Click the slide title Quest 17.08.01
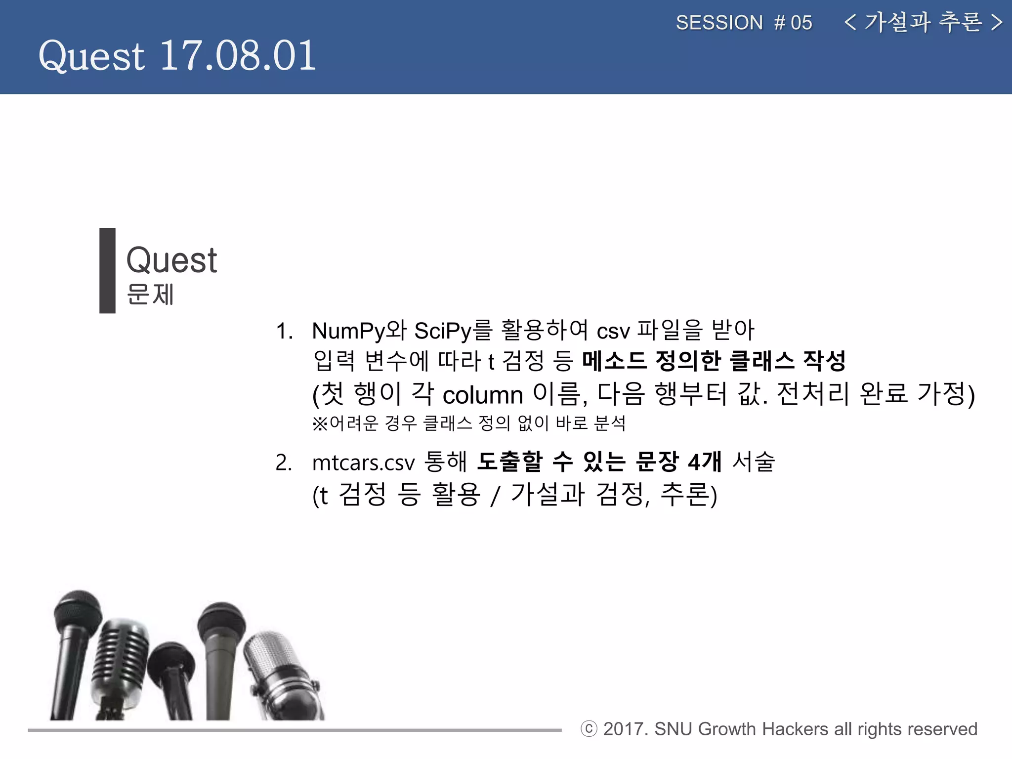[x=177, y=55]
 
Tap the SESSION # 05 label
[x=744, y=23]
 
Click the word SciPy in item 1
[x=442, y=331]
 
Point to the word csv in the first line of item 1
[x=613, y=332]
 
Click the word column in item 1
[x=482, y=395]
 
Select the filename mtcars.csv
[x=363, y=463]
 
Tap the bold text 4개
[x=704, y=462]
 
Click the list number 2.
[x=283, y=463]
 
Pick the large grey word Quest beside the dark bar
[x=171, y=260]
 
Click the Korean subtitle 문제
[x=150, y=295]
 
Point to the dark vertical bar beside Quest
[x=107, y=270]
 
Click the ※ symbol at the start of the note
[x=320, y=423]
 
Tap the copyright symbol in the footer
[x=589, y=729]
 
